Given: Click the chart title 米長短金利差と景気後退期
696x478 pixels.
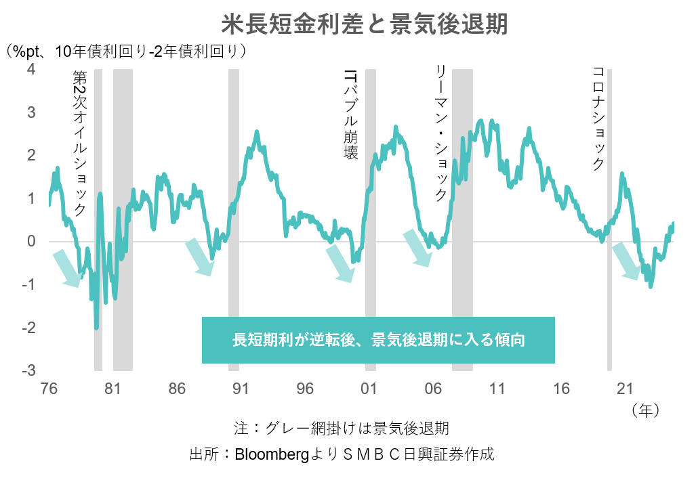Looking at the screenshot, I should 365,25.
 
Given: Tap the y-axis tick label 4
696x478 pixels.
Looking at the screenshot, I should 31,69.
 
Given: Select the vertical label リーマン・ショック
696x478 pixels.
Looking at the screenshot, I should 441,133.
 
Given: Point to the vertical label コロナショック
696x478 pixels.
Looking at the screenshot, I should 598,118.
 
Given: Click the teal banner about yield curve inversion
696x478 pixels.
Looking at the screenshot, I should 378,340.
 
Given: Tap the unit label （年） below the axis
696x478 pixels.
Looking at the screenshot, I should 644,410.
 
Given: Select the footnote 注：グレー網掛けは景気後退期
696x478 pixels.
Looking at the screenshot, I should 342,429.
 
